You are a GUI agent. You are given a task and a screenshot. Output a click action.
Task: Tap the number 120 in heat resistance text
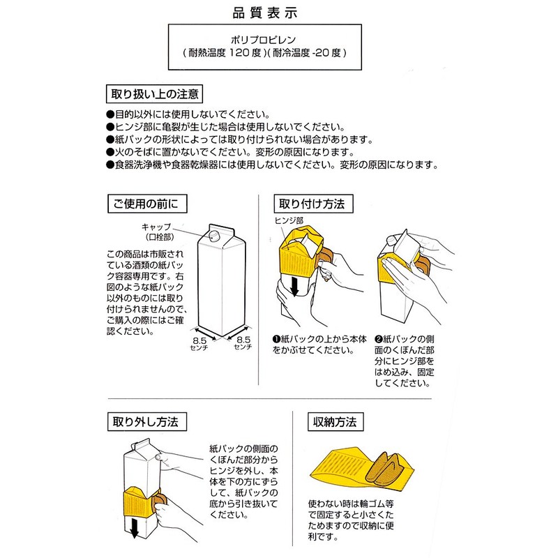[239, 52]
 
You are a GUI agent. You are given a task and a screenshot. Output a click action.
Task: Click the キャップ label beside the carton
[156, 227]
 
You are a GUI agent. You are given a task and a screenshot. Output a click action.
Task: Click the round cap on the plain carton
[214, 232]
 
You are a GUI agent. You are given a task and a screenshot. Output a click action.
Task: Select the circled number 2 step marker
[379, 338]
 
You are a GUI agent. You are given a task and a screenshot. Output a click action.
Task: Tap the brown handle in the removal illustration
[161, 503]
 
